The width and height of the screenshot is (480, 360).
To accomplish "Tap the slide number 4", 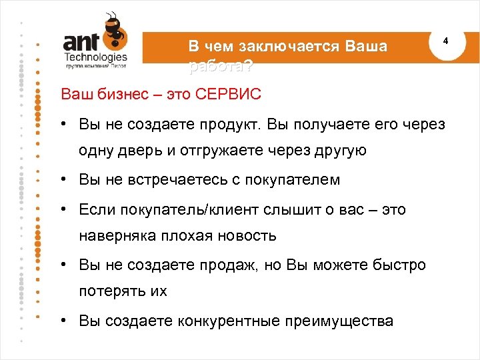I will [446, 41].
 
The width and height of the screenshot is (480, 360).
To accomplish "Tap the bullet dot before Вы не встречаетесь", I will [61, 180].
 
